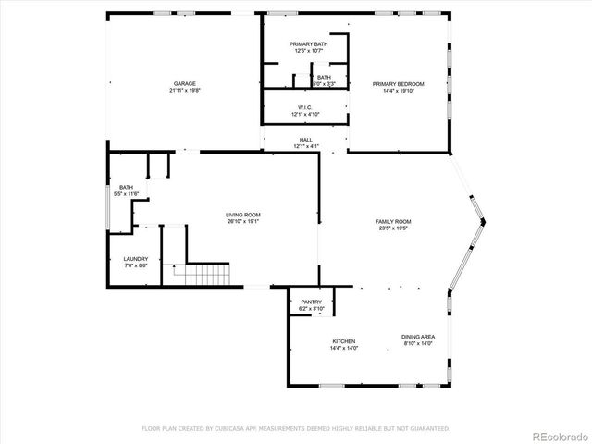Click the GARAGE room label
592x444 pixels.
(185, 83)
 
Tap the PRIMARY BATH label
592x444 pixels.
(308, 44)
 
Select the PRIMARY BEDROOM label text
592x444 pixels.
(398, 83)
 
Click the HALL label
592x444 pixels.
(305, 140)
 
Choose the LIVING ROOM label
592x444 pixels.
(243, 215)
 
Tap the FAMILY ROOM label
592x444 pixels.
(393, 222)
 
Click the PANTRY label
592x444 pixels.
(312, 302)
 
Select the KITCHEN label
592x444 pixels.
(344, 341)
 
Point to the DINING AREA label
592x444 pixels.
(418, 337)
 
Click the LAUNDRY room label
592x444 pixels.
(136, 259)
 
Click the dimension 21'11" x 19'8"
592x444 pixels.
(185, 91)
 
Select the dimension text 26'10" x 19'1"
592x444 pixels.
(243, 222)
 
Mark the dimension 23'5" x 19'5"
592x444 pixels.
(393, 229)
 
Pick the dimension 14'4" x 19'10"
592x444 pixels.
(398, 91)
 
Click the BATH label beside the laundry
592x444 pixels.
(126, 188)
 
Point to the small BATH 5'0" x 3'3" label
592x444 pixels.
(325, 78)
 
